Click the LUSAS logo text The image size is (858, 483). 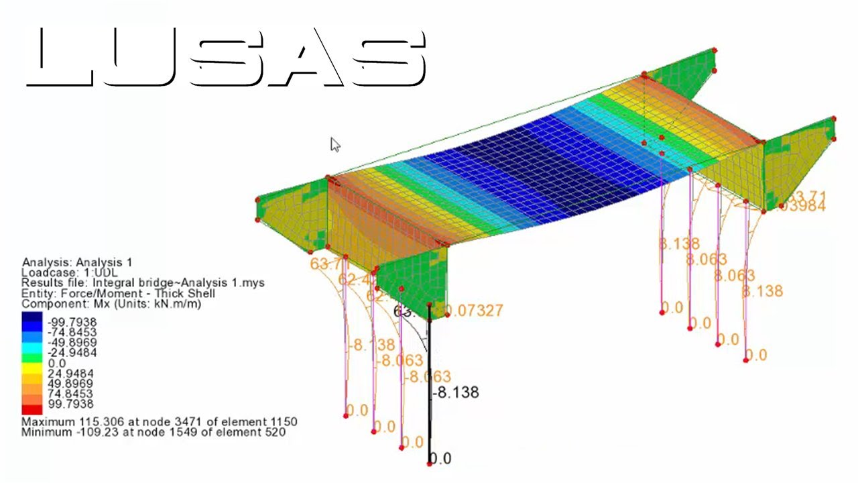point(226,59)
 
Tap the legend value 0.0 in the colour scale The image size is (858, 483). point(58,364)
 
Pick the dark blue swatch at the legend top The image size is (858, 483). point(32,319)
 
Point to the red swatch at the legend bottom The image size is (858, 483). point(32,409)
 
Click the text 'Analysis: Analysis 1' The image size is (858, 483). point(77,262)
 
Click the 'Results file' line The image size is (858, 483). point(143,283)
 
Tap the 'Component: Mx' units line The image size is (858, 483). point(111,304)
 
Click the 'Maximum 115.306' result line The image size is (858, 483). point(160,422)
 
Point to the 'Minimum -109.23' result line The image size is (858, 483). point(154,433)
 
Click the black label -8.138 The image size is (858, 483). point(456,392)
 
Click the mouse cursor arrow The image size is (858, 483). point(334,144)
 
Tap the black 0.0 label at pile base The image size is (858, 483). point(440,459)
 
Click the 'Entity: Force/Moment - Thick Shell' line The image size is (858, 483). point(118,294)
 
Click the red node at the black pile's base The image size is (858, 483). point(430,464)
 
